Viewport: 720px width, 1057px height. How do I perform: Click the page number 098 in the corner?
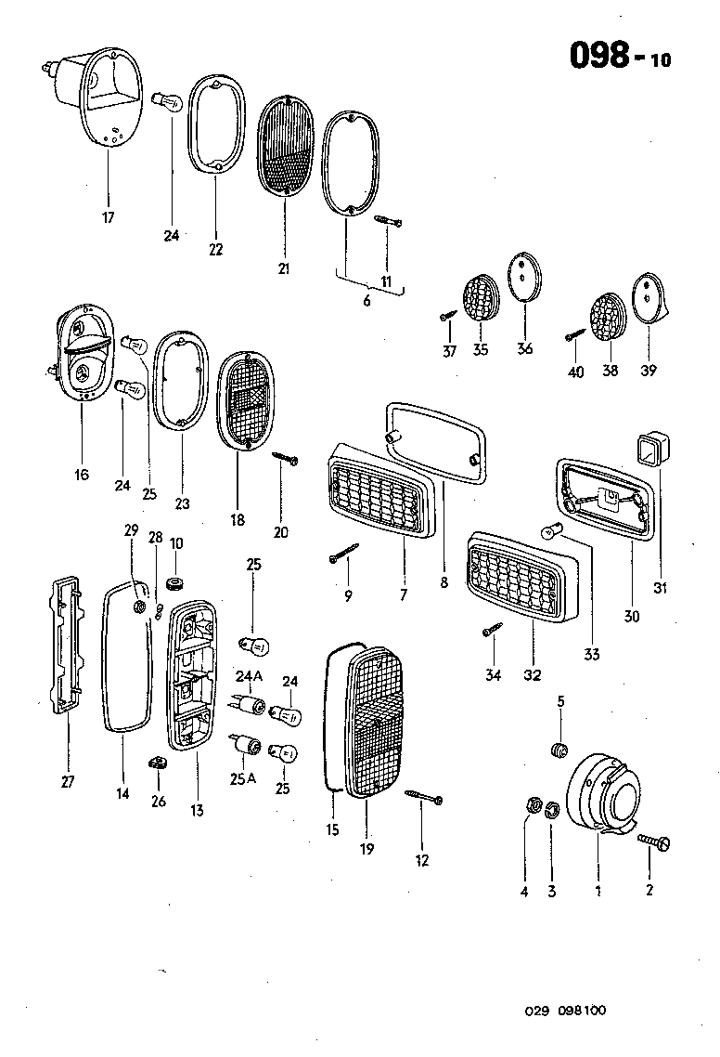click(604, 57)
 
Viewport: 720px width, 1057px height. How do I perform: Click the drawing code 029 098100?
click(566, 1011)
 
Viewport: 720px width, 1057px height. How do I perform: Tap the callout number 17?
click(108, 218)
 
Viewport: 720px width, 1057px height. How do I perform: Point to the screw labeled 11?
click(388, 222)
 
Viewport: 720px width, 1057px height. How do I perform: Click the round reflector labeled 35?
click(480, 297)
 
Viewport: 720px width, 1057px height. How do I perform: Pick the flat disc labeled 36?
click(525, 276)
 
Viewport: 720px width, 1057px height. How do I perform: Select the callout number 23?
click(182, 503)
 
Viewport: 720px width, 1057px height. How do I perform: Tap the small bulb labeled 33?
click(548, 534)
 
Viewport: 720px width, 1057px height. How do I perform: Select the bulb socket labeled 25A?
click(247, 745)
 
